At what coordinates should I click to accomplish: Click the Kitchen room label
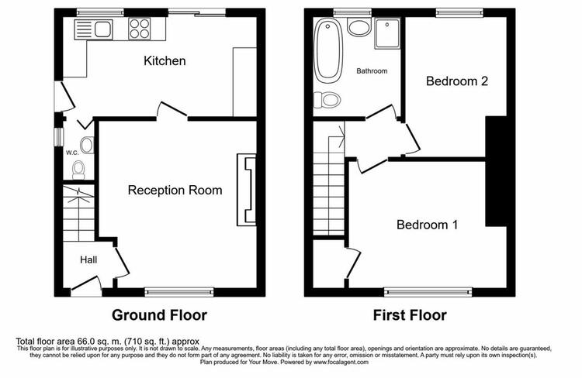[x=165, y=60]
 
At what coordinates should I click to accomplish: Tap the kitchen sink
[x=93, y=29]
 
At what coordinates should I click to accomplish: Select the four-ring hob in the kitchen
[x=140, y=29]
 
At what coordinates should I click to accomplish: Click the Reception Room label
[x=175, y=190]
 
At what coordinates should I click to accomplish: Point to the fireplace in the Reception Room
[x=247, y=190]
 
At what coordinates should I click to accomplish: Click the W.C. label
[x=72, y=153]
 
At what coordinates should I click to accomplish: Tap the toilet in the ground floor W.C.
[x=78, y=170]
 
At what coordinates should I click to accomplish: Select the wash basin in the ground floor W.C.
[x=87, y=145]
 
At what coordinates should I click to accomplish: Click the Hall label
[x=88, y=259]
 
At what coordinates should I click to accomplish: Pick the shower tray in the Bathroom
[x=387, y=34]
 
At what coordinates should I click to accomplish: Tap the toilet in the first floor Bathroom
[x=327, y=100]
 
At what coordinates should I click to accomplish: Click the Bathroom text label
[x=372, y=70]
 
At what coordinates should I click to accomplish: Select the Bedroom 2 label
[x=457, y=81]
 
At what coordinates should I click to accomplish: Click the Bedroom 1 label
[x=428, y=225]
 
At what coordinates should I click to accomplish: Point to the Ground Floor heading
[x=159, y=315]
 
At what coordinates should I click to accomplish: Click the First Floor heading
[x=410, y=315]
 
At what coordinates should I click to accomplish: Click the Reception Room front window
[x=179, y=292]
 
